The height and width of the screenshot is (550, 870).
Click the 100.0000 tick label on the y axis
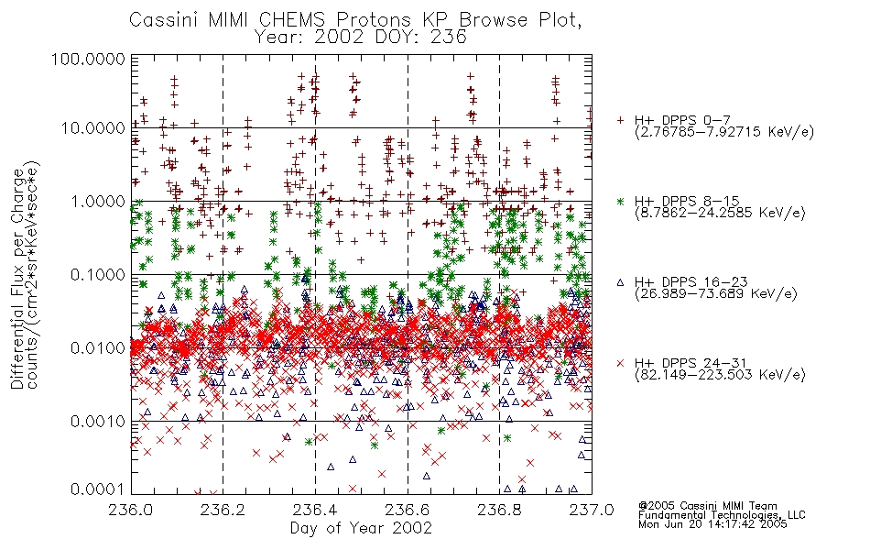click(x=88, y=59)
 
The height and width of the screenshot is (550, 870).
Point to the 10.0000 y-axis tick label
click(x=92, y=127)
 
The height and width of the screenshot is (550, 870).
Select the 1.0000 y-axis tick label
click(x=97, y=201)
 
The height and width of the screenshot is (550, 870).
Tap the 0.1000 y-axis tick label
click(x=97, y=274)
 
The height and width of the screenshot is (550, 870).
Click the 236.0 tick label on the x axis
click(x=131, y=510)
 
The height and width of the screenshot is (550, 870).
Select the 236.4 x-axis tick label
click(x=315, y=510)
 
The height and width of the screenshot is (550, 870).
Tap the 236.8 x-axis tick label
click(x=499, y=510)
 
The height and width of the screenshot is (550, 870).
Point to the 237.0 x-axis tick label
click(x=592, y=510)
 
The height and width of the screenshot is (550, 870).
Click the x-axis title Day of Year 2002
click(x=361, y=528)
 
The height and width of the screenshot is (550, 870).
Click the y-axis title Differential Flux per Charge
click(x=17, y=279)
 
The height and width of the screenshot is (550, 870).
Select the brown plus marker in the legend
click(x=620, y=119)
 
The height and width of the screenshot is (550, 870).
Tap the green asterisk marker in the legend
click(x=620, y=201)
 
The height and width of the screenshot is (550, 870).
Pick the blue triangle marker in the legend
click(x=620, y=282)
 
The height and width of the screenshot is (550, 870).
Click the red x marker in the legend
click(x=620, y=363)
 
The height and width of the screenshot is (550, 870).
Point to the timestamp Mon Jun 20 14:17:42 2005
click(x=712, y=524)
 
